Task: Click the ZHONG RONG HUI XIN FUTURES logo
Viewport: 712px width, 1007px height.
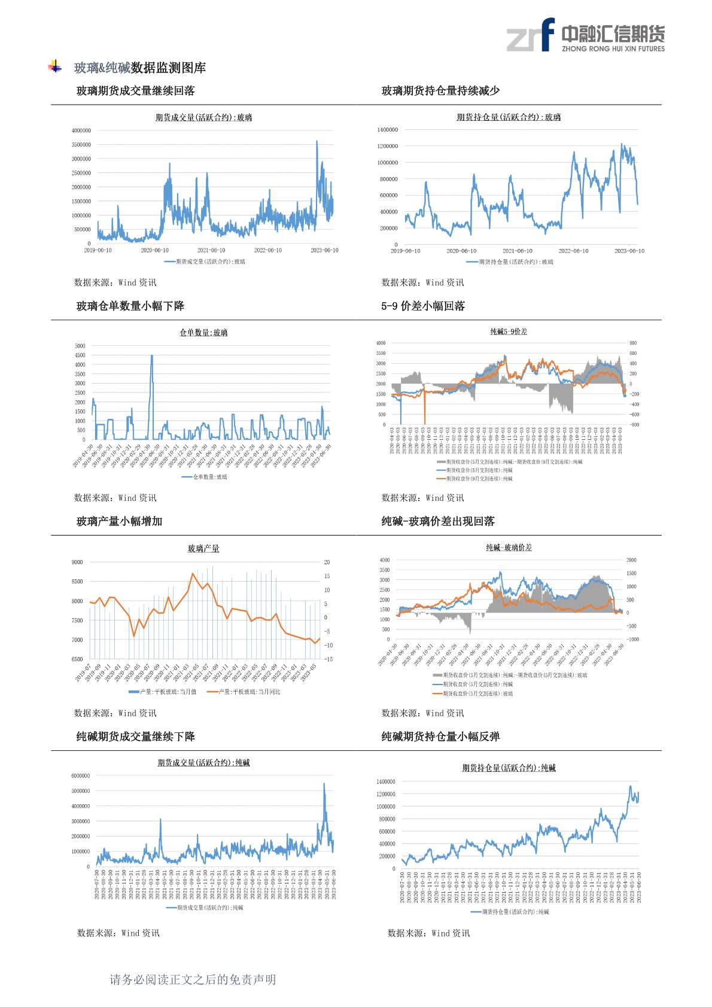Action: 585,35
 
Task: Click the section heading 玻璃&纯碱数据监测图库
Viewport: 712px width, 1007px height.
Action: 139,68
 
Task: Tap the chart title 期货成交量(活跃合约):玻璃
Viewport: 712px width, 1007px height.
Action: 203,117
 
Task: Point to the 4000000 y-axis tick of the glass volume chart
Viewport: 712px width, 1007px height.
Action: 81,130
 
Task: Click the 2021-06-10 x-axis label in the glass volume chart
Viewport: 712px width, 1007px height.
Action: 211,250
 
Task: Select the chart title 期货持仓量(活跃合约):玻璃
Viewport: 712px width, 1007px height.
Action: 509,117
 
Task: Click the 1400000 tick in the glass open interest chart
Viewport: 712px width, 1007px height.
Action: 387,130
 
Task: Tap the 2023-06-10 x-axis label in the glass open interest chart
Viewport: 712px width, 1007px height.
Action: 629,251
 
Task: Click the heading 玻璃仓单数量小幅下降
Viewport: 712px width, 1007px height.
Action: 130,306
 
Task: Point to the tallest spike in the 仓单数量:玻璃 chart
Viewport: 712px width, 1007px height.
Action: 151,356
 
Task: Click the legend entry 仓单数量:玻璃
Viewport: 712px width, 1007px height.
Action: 205,477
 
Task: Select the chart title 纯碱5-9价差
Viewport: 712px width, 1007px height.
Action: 509,331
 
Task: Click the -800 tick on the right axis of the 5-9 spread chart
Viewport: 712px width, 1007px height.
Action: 634,425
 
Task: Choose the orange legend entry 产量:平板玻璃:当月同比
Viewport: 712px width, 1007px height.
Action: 244,692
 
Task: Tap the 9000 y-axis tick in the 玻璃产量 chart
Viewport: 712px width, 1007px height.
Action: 77,562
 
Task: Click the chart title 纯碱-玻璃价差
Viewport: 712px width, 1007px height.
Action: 509,547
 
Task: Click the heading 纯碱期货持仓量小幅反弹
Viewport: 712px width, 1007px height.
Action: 440,737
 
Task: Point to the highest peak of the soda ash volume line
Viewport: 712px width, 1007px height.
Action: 324,784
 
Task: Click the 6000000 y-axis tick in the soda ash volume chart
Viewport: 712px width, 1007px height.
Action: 80,776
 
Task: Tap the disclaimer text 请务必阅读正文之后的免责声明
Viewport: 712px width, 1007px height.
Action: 193,979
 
